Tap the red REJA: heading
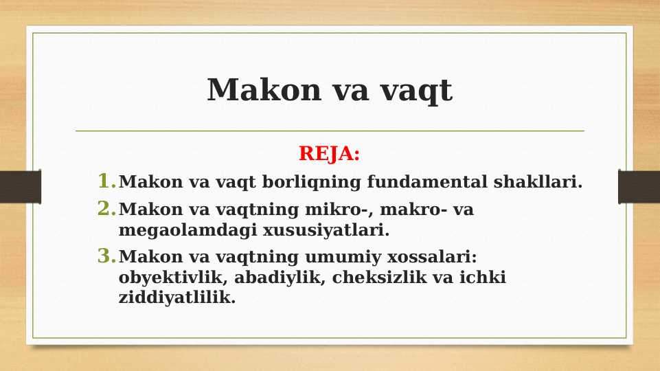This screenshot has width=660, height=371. click(329, 154)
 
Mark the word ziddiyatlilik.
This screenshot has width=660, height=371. click(177, 299)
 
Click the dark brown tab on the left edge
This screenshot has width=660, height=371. click(20, 187)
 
